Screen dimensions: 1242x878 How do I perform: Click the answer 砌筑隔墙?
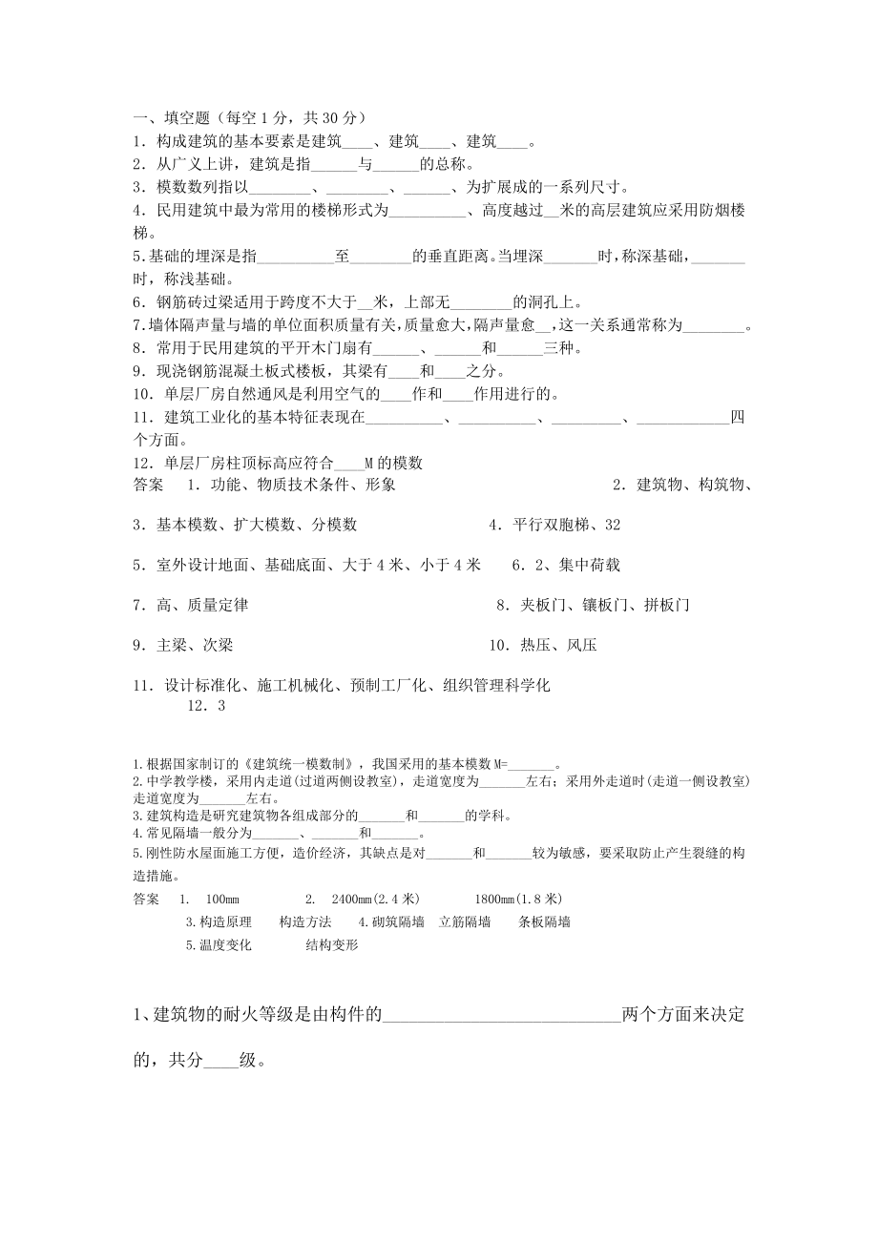[391, 922]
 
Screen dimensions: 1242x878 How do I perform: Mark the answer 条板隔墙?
[544, 922]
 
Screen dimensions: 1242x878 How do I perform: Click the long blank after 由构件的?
[500, 1014]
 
